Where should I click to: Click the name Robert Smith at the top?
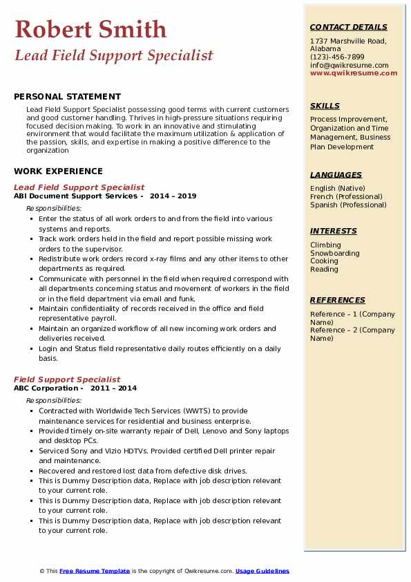click(x=90, y=29)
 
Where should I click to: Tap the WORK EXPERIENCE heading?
click(x=58, y=171)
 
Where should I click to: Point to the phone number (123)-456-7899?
click(x=337, y=57)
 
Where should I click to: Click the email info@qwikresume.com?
click(x=349, y=65)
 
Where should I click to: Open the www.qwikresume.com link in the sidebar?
click(x=354, y=73)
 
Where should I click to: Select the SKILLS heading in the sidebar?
click(x=325, y=106)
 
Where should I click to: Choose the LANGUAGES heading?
click(x=336, y=175)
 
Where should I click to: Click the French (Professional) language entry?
click(x=347, y=196)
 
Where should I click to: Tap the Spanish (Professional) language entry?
click(x=348, y=205)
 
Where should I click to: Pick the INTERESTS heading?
click(x=334, y=231)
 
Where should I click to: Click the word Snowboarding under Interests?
click(x=335, y=253)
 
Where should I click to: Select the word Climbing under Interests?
click(x=325, y=245)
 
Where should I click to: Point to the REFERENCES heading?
click(x=338, y=300)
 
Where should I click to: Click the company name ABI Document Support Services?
click(x=75, y=196)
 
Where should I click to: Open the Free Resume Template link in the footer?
click(x=95, y=571)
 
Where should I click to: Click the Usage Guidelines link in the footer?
click(x=262, y=571)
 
